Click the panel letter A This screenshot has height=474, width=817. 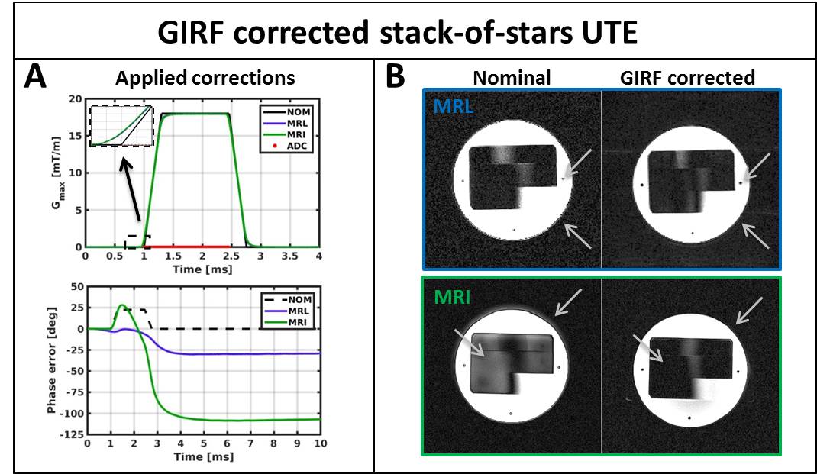coord(37,78)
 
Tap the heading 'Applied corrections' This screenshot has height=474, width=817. coord(205,78)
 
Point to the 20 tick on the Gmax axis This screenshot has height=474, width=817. coord(75,99)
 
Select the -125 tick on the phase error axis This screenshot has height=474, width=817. coord(73,434)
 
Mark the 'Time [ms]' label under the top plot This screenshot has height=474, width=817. coord(202,269)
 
